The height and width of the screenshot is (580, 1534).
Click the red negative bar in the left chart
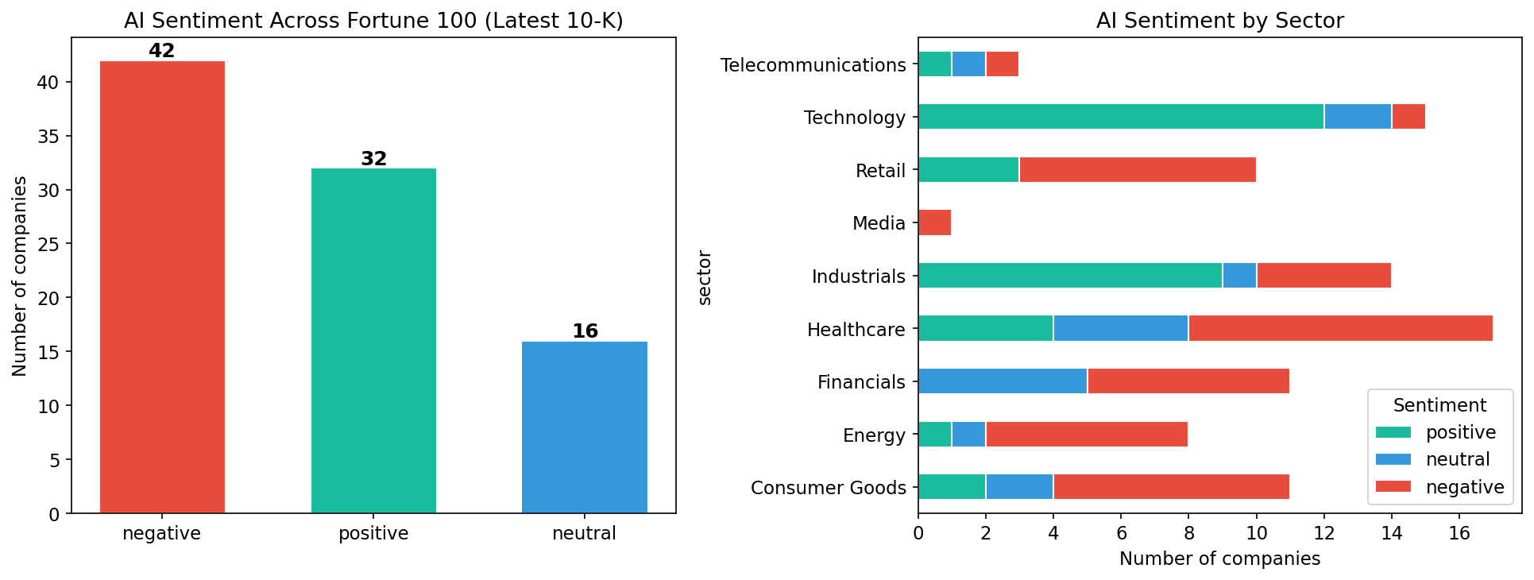[x=162, y=287]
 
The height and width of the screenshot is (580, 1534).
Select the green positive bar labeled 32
[x=373, y=341]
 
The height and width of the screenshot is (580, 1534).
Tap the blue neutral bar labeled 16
[x=585, y=427]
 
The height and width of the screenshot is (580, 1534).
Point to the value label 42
[x=162, y=51]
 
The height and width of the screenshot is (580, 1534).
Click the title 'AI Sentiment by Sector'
[x=1219, y=21]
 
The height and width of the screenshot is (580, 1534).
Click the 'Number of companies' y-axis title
[x=20, y=276]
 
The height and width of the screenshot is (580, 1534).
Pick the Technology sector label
[x=855, y=118]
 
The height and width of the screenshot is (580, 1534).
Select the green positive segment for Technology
[x=1121, y=117]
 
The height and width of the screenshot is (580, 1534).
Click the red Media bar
[x=935, y=223]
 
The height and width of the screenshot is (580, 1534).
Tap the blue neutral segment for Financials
[x=1003, y=381]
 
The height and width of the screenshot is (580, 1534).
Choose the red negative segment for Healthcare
[x=1341, y=328]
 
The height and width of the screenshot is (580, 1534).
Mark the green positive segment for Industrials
[x=1070, y=276]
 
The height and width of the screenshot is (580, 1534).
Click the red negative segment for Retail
[x=1138, y=170]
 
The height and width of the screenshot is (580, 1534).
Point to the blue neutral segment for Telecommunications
[x=968, y=64]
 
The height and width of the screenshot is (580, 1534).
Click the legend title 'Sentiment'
[x=1439, y=405]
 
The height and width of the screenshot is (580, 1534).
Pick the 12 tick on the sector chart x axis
[x=1324, y=533]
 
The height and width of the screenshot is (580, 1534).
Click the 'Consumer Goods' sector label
[x=828, y=488]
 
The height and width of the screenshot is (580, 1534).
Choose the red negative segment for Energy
[x=1087, y=435]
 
